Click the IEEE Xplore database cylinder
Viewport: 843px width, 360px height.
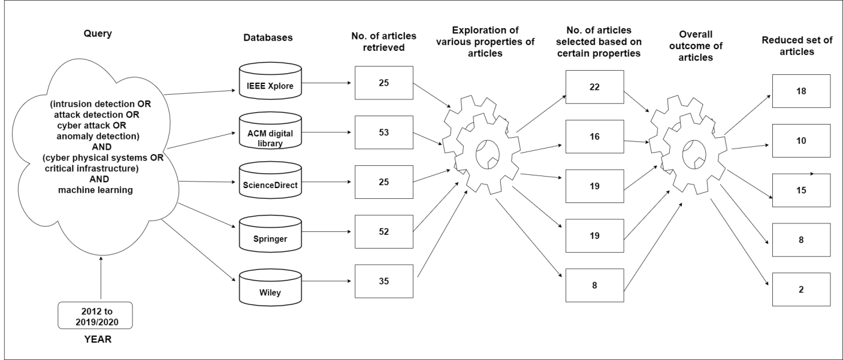click(270, 81)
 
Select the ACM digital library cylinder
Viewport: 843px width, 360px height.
click(270, 131)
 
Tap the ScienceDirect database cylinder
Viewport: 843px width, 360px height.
click(270, 180)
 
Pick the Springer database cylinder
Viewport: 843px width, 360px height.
click(270, 234)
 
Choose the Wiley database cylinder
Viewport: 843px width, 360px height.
click(270, 288)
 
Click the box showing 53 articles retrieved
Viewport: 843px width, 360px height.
click(384, 132)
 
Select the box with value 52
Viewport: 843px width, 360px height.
click(384, 232)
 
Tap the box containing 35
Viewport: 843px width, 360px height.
click(384, 282)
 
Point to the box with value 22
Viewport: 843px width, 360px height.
click(594, 87)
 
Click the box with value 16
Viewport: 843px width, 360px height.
click(594, 137)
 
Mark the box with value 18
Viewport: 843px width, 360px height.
click(801, 91)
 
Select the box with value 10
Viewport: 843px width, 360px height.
click(801, 141)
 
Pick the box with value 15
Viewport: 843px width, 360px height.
click(801, 190)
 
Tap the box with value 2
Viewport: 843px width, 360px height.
click(801, 290)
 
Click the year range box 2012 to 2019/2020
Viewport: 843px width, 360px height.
click(95, 315)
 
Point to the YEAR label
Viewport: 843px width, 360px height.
click(98, 339)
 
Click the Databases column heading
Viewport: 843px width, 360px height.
click(268, 38)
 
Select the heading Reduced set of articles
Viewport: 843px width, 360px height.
click(797, 46)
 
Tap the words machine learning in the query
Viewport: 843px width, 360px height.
click(96, 190)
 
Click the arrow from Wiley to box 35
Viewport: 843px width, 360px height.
click(327, 281)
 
